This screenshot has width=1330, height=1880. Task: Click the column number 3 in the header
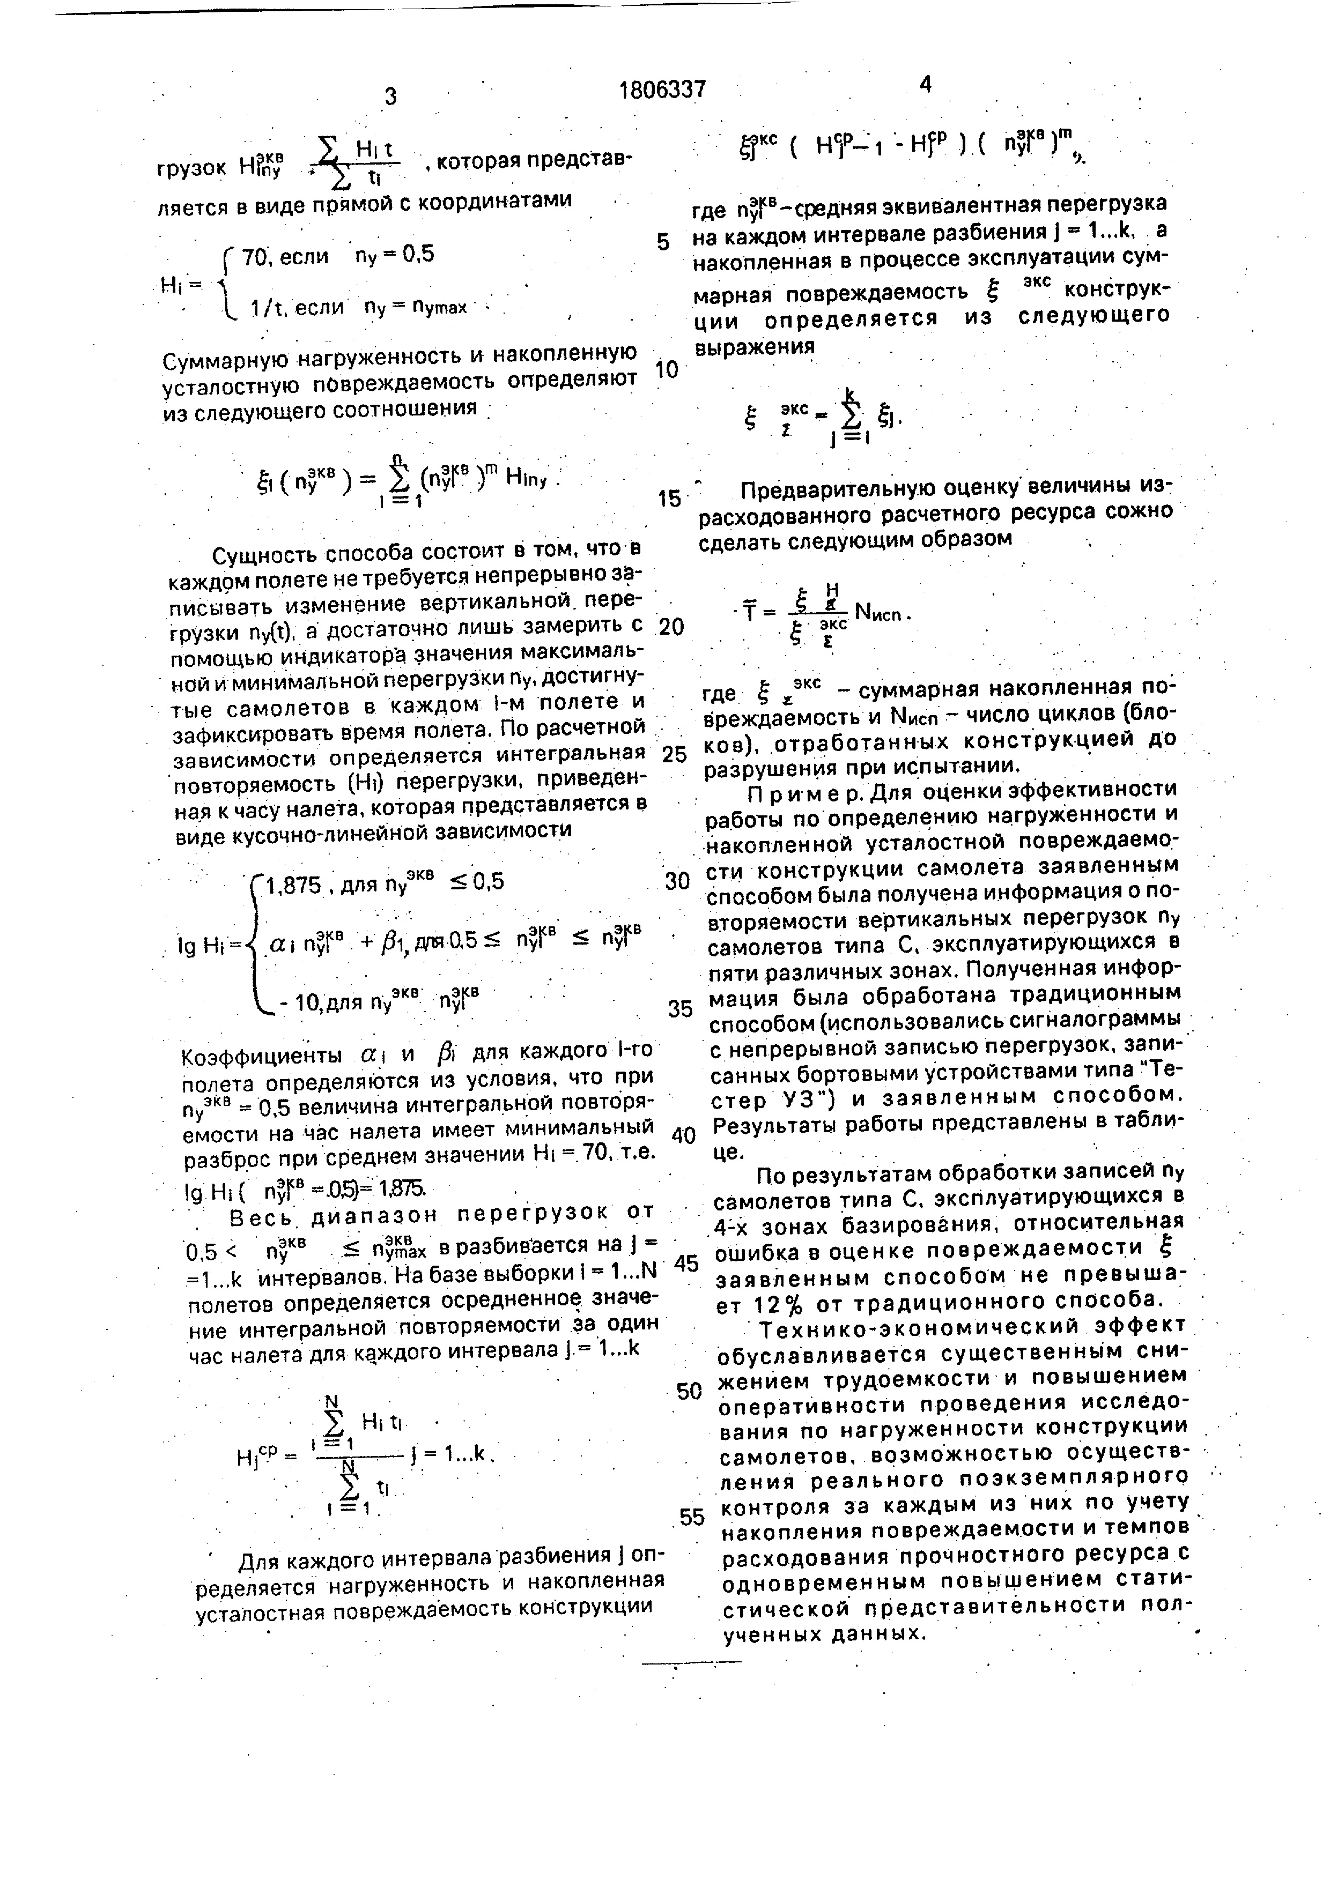[x=390, y=96]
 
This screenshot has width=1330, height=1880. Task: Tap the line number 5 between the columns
[x=663, y=242]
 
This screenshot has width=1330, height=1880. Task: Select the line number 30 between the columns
[x=677, y=882]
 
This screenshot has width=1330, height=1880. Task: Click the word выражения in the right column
[x=755, y=346]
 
